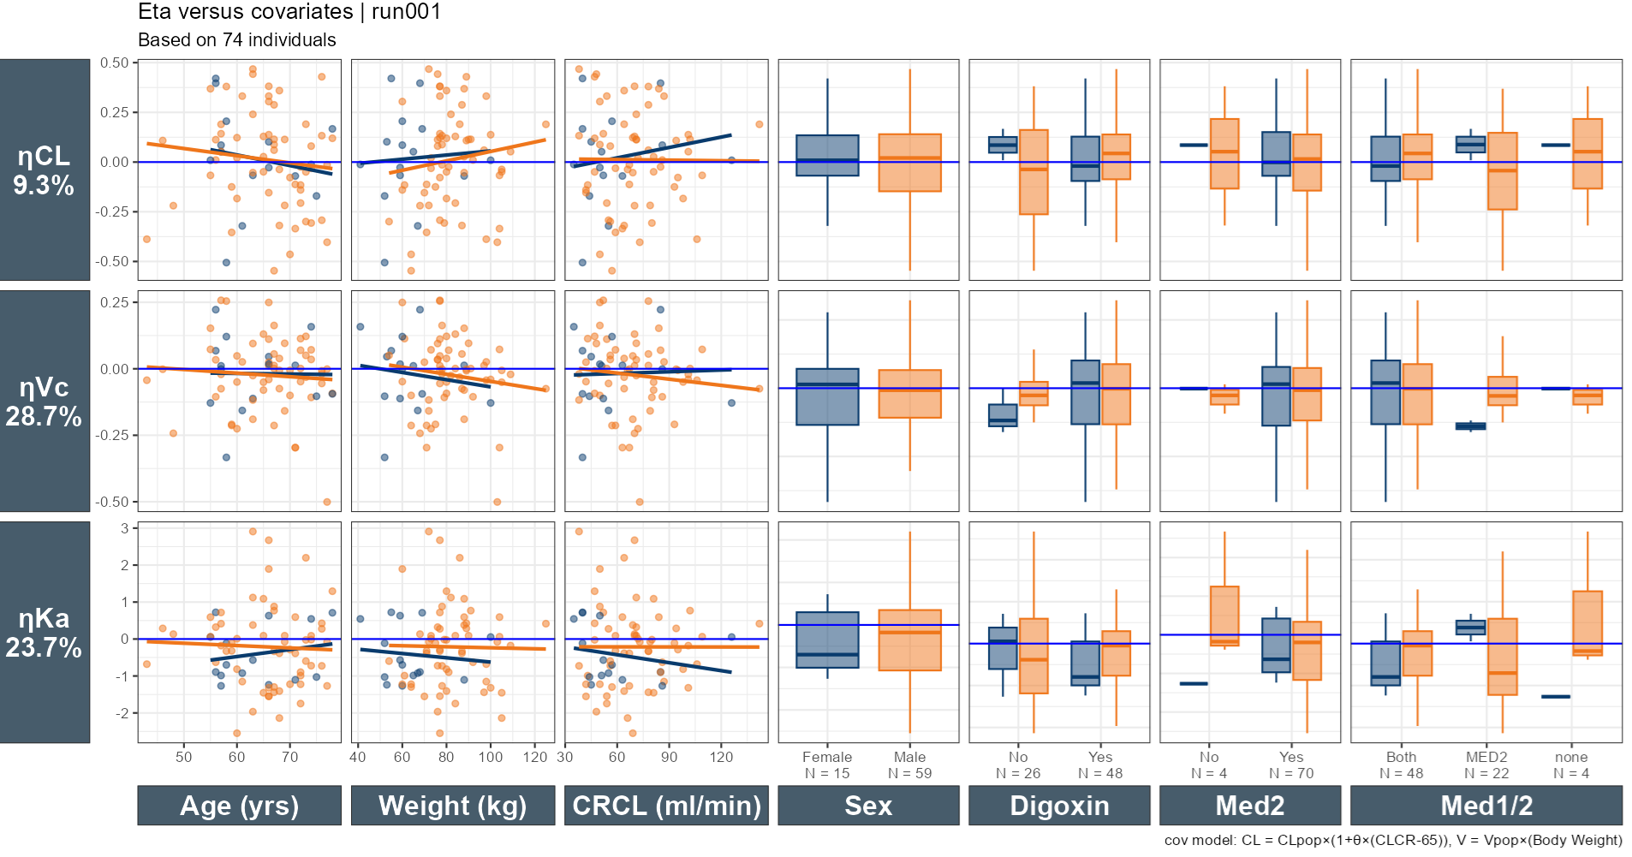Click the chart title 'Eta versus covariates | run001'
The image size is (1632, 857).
(289, 12)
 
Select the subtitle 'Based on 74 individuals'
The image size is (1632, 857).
(237, 40)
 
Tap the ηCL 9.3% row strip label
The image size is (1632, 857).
(45, 170)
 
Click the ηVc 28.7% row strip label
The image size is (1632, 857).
(45, 401)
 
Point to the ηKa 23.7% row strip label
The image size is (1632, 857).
(45, 632)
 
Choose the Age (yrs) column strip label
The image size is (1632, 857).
(240, 806)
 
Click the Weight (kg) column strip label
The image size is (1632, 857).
(453, 806)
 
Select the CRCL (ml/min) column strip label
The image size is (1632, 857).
(666, 806)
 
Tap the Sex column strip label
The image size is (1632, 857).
(868, 806)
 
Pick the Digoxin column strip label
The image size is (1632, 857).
(1059, 806)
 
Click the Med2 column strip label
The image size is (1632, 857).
(1250, 806)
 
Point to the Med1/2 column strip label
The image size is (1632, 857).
(1486, 806)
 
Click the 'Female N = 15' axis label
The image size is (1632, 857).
(827, 765)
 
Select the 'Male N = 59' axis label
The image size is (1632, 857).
(909, 765)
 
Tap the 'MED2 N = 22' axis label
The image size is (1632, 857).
(1486, 765)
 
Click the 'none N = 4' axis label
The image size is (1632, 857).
(1571, 765)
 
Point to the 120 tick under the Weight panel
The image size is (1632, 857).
(535, 757)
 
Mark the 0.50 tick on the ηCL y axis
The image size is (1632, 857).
(115, 62)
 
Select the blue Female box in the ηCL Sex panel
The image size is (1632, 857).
(827, 155)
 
